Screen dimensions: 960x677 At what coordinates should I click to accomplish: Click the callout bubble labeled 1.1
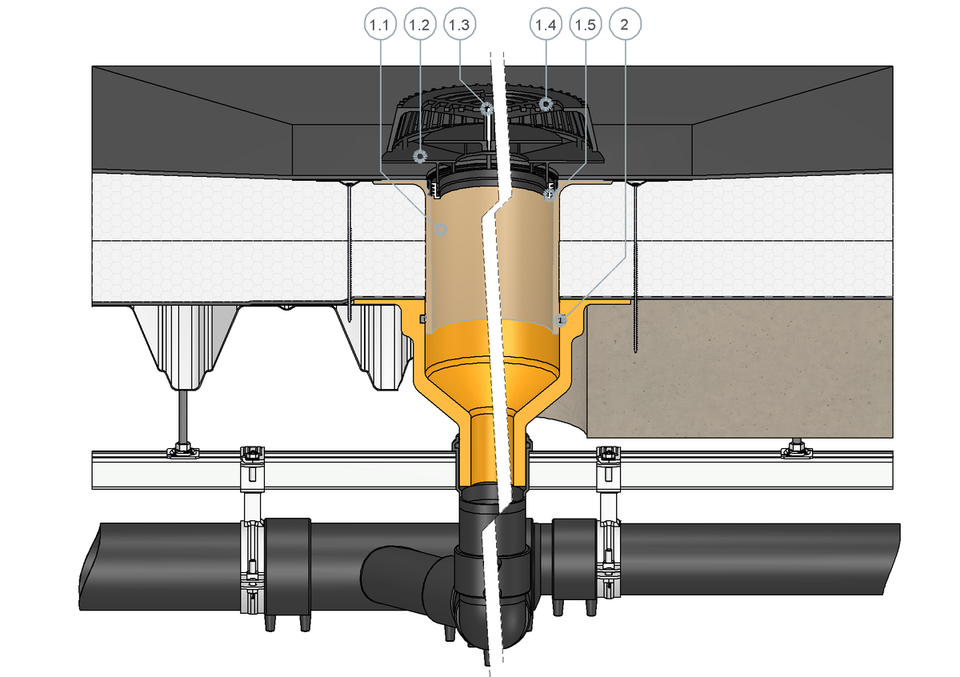pyautogui.click(x=380, y=25)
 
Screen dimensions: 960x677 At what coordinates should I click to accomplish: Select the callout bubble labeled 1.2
pyautogui.click(x=419, y=25)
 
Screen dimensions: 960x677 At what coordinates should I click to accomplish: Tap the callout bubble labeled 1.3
pyautogui.click(x=459, y=25)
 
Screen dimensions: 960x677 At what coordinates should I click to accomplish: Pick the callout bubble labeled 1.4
pyautogui.click(x=546, y=25)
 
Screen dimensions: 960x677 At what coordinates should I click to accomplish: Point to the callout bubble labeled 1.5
pyautogui.click(x=586, y=25)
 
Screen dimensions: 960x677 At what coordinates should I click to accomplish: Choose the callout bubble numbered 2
pyautogui.click(x=625, y=25)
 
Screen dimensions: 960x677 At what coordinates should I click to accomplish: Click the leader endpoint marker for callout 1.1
pyautogui.click(x=441, y=230)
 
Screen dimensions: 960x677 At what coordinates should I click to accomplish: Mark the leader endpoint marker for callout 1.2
pyautogui.click(x=420, y=156)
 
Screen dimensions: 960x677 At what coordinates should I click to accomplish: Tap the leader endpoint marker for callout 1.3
pyautogui.click(x=487, y=109)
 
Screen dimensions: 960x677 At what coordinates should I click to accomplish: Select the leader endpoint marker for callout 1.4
pyautogui.click(x=546, y=104)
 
